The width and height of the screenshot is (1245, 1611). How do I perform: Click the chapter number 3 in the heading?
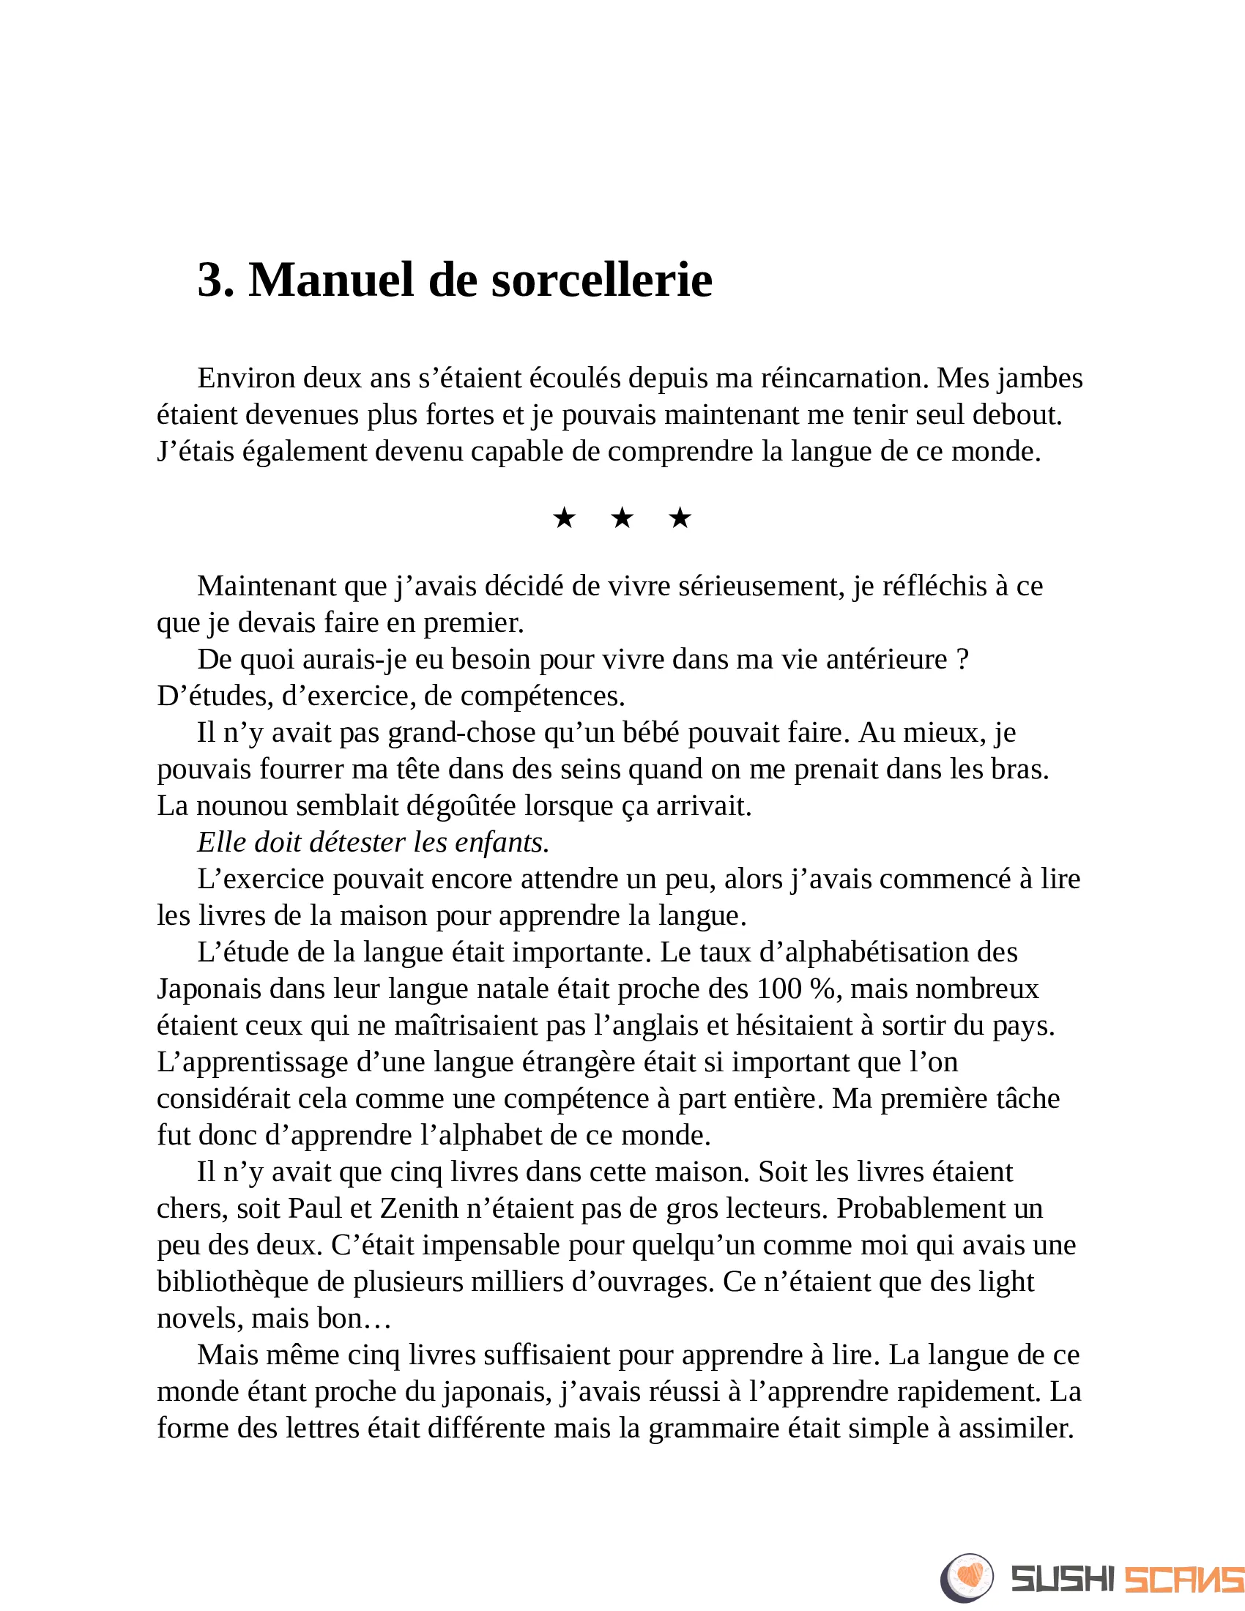(210, 280)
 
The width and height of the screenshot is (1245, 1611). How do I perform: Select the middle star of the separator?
(622, 518)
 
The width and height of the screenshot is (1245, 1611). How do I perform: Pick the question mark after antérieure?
(962, 659)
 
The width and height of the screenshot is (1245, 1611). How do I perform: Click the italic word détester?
(357, 842)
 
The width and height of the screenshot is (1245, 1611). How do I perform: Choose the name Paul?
(315, 1208)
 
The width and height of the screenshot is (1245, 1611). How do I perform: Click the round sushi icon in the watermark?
(967, 1578)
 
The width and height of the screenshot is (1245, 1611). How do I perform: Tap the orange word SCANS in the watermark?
(1183, 1580)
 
